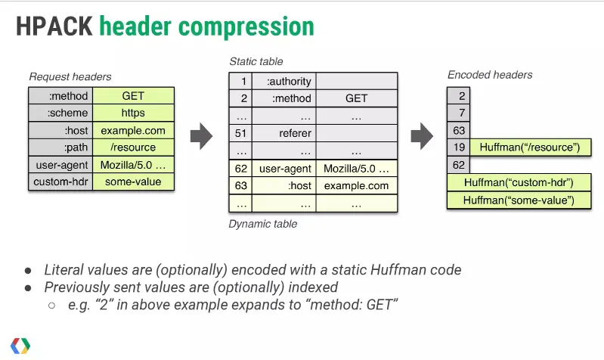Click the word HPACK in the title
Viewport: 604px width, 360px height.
click(x=54, y=26)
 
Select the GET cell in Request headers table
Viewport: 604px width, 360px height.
click(x=133, y=96)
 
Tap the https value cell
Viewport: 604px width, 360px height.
click(x=133, y=113)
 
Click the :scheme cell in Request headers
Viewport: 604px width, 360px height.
click(x=60, y=113)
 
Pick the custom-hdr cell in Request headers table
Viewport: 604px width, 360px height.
click(x=60, y=182)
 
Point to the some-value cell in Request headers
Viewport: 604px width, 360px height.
click(x=133, y=182)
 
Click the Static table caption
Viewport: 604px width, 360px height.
click(x=256, y=61)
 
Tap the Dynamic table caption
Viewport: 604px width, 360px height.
click(x=262, y=224)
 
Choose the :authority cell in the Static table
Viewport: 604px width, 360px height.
click(x=288, y=81)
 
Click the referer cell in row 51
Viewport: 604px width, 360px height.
click(x=288, y=133)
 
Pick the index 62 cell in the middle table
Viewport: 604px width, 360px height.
click(x=241, y=168)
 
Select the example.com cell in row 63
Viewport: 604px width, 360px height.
click(x=356, y=185)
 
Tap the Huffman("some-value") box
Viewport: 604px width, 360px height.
click(x=518, y=200)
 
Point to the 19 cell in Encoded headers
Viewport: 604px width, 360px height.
click(x=458, y=147)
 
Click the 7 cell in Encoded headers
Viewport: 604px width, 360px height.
click(x=458, y=113)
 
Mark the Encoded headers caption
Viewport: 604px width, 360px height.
click(x=490, y=74)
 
